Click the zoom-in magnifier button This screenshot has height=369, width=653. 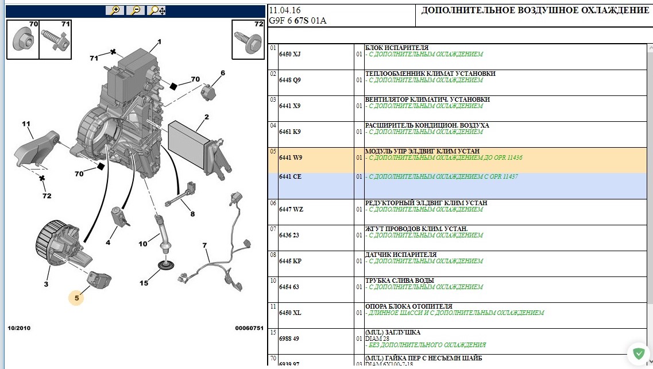click(x=114, y=10)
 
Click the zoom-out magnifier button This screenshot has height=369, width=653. click(x=136, y=10)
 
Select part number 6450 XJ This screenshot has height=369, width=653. click(x=290, y=54)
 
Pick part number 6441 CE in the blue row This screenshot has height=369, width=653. click(x=290, y=177)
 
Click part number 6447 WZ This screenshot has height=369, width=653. click(x=291, y=209)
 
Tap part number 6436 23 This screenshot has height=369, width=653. click(x=289, y=235)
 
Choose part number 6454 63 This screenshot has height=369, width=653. click(x=289, y=287)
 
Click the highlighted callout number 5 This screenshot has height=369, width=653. click(x=76, y=298)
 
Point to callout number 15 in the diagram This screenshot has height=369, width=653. click(x=144, y=283)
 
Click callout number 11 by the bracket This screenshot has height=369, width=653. click(x=26, y=124)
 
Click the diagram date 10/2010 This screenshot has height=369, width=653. click(x=19, y=328)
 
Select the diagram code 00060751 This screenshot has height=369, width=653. click(x=249, y=328)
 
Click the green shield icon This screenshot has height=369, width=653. click(x=639, y=354)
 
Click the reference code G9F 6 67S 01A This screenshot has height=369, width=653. click(x=297, y=21)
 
